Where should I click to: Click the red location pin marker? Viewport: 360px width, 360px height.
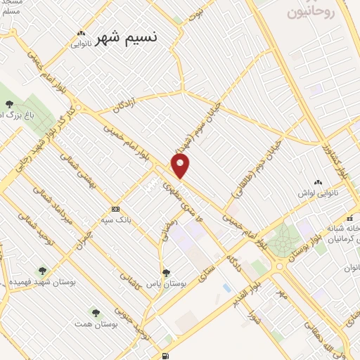[181, 166]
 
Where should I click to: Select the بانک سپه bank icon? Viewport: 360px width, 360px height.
[116, 209]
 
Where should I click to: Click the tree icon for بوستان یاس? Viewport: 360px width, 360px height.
[166, 273]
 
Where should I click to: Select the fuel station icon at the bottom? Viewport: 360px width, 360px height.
[165, 356]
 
